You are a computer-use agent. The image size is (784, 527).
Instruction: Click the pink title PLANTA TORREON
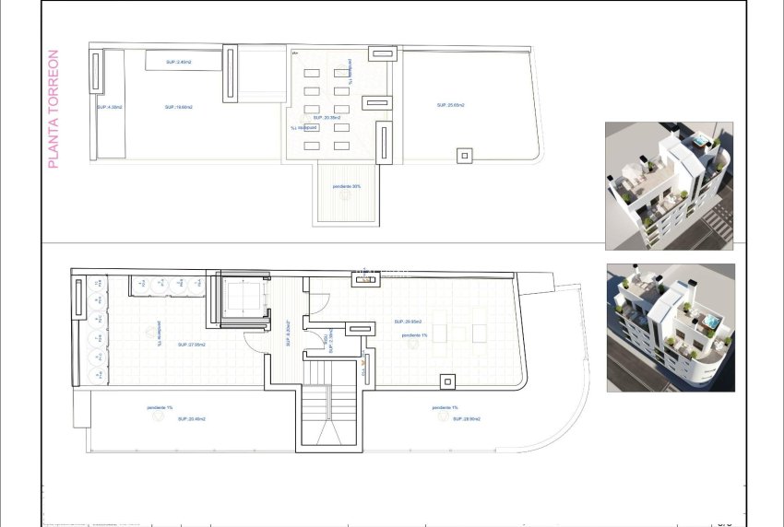[53, 109]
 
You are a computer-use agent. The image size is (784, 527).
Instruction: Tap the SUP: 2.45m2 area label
[179, 62]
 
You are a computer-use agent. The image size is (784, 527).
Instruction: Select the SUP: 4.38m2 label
[109, 107]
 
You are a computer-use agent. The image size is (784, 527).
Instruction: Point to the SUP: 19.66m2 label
[178, 107]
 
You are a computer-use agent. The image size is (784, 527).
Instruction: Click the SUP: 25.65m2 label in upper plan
[450, 106]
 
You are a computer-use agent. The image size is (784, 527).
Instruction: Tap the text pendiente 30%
[347, 186]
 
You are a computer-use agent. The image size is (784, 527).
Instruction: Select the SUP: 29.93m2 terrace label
[408, 322]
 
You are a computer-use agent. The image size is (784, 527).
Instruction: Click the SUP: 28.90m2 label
[466, 418]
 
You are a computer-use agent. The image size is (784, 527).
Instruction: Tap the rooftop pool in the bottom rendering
[709, 322]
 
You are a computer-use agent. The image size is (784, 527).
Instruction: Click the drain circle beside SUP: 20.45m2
[157, 417]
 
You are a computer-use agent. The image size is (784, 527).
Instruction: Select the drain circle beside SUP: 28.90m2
[442, 417]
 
